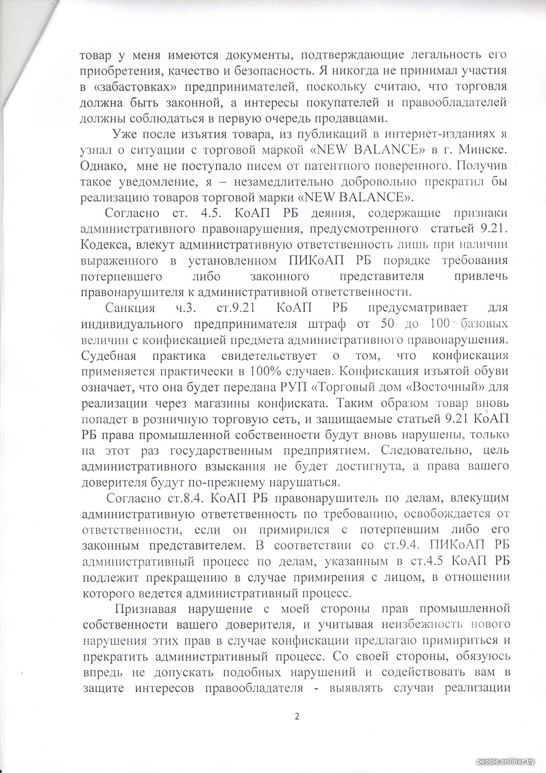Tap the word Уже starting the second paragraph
pos(122,134)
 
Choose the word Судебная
pos(110,356)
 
